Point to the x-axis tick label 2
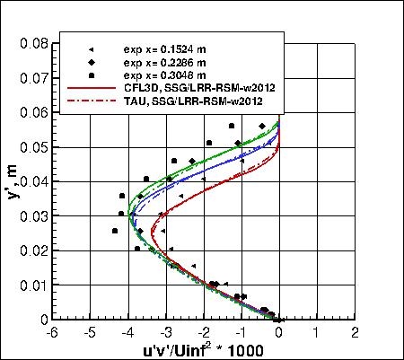pyautogui.click(x=356, y=332)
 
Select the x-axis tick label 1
pyautogui.click(x=318, y=332)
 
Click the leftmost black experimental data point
pyautogui.click(x=115, y=231)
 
